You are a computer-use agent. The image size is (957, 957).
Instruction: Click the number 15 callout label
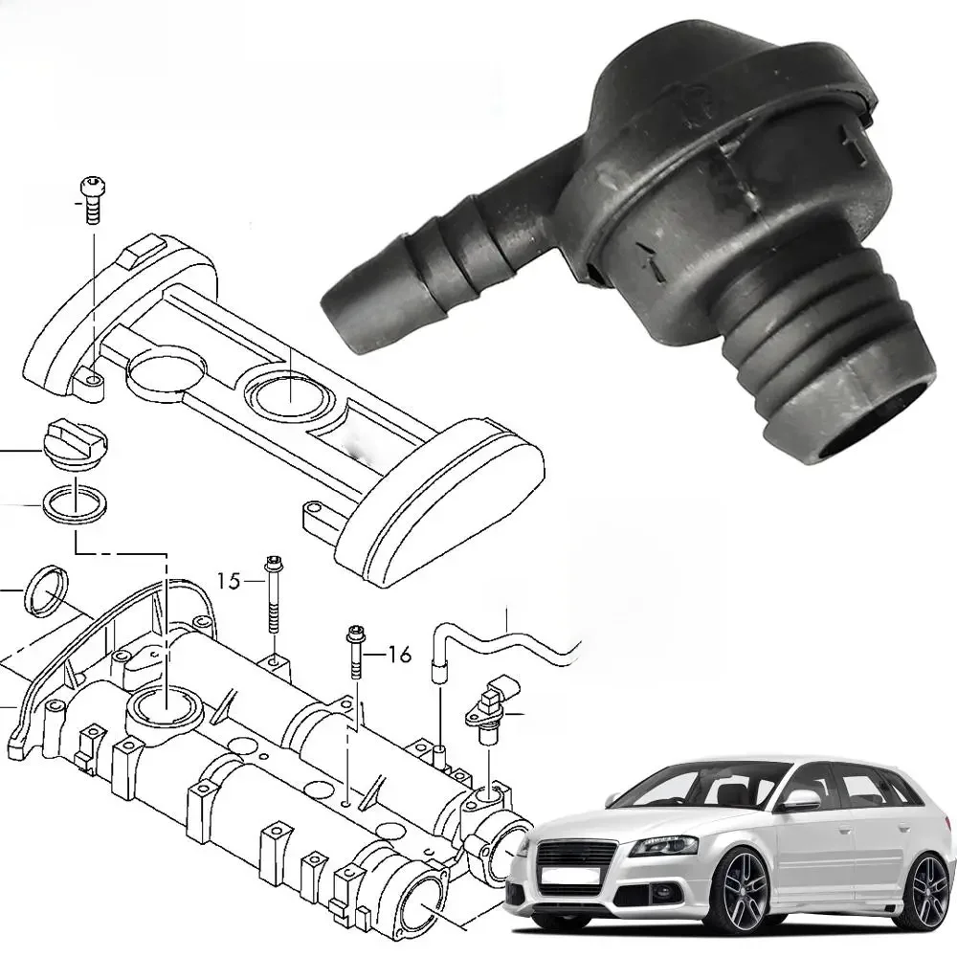(x=230, y=580)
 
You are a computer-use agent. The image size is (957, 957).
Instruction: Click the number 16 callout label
(x=399, y=655)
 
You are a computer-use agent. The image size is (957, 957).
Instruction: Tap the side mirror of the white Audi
(x=801, y=800)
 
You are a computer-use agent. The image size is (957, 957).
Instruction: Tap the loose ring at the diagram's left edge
(x=46, y=590)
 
